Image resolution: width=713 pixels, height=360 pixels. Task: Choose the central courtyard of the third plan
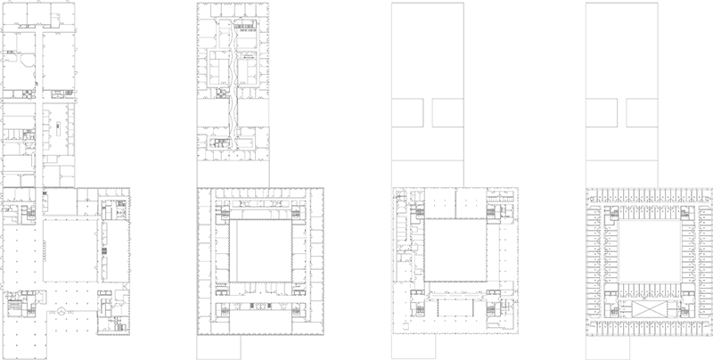tap(454, 250)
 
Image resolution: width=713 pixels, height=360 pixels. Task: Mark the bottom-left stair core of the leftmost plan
tap(20, 307)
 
